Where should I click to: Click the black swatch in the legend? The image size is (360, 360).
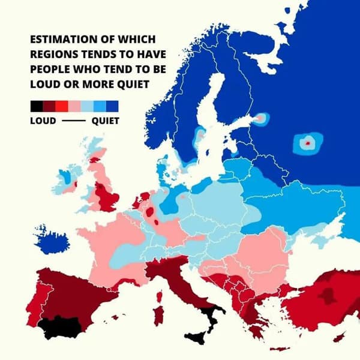(36, 107)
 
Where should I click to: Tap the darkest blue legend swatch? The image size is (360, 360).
(112, 107)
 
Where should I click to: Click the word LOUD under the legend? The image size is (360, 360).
(43, 121)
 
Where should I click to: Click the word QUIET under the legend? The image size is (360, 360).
(105, 121)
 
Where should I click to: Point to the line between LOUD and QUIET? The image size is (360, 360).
(73, 121)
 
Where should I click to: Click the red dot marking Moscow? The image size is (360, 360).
(307, 143)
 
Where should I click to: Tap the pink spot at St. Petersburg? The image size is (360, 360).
(259, 119)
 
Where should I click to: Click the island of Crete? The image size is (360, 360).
(283, 349)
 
